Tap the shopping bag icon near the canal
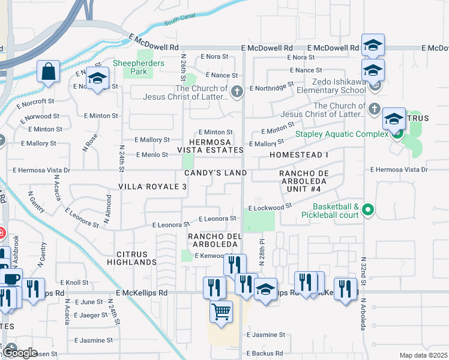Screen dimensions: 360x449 click(x=47, y=71)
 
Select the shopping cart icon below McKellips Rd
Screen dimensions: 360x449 click(x=221, y=313)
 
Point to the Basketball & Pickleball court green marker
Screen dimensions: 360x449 click(x=369, y=209)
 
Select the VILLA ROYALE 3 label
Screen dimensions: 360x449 click(x=152, y=187)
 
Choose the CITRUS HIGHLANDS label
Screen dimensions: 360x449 click(x=131, y=259)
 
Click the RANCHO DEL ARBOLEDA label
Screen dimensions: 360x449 click(x=214, y=240)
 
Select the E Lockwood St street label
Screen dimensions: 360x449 click(x=270, y=207)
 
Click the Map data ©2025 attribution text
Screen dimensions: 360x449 click(x=423, y=355)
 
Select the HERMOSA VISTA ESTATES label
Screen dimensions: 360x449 click(x=210, y=145)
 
